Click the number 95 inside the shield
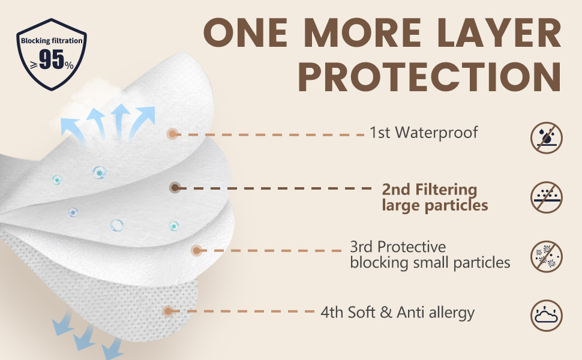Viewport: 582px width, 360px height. [51, 59]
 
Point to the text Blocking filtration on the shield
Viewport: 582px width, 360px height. [52, 40]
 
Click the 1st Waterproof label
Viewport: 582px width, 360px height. [424, 133]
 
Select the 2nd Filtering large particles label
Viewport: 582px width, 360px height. [435, 197]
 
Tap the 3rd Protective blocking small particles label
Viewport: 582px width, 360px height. [430, 255]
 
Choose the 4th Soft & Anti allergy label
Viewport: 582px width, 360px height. [398, 313]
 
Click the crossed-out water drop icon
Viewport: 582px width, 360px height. [547, 137]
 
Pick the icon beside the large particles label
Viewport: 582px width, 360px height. [547, 197]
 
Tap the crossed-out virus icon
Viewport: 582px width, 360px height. [547, 257]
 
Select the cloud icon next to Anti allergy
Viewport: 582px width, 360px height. [547, 316]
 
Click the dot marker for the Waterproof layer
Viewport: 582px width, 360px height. [172, 134]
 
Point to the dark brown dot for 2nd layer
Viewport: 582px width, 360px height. [175, 188]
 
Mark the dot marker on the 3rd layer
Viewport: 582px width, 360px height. [196, 251]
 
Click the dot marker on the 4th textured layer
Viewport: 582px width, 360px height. [168, 311]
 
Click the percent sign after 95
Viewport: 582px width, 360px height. [69, 65]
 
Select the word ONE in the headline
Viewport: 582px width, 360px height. [245, 32]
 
